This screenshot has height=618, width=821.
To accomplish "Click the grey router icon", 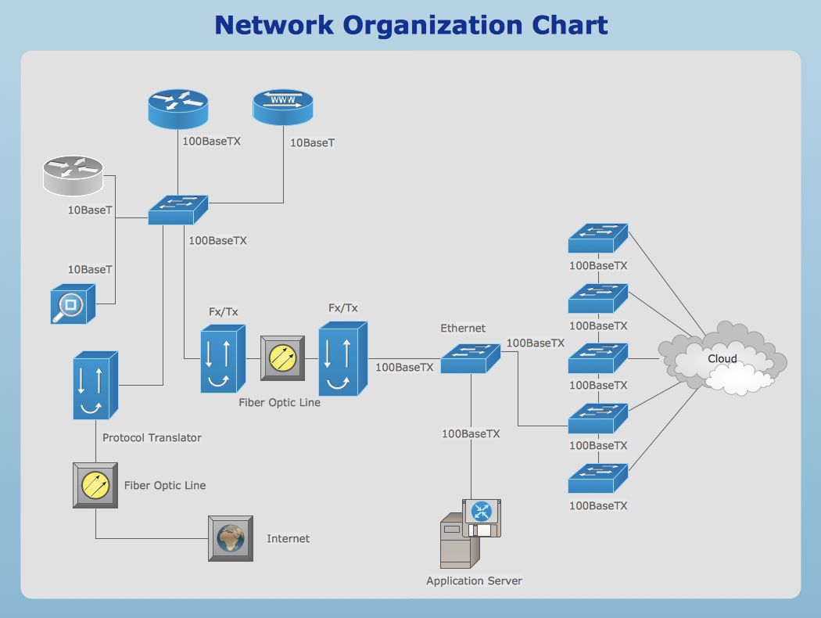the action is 73,175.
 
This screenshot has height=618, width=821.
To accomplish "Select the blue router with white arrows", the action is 178,109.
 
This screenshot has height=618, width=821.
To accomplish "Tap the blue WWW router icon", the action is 283,107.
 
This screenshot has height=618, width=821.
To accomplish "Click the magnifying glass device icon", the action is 73,304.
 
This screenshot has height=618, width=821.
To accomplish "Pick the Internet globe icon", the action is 231,538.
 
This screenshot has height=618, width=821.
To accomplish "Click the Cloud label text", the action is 722,359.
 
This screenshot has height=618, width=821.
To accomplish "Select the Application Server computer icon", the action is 471,534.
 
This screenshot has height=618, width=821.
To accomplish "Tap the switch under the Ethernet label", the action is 470,358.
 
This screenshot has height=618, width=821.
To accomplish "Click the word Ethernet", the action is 463,328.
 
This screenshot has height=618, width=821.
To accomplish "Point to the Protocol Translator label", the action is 152,437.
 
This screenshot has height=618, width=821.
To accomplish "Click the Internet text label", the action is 288,538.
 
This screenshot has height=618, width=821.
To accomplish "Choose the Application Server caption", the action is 474,580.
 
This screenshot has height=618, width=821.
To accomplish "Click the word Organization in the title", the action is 432,25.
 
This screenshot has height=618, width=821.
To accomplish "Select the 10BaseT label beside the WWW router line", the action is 312,142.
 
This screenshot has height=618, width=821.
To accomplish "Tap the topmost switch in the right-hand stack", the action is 598,239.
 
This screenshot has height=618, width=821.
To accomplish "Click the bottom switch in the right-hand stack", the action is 598,478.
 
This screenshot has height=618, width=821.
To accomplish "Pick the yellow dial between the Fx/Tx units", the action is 283,358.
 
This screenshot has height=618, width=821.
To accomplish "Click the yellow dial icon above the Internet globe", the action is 95,485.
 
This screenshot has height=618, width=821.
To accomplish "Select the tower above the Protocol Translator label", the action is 95,385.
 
